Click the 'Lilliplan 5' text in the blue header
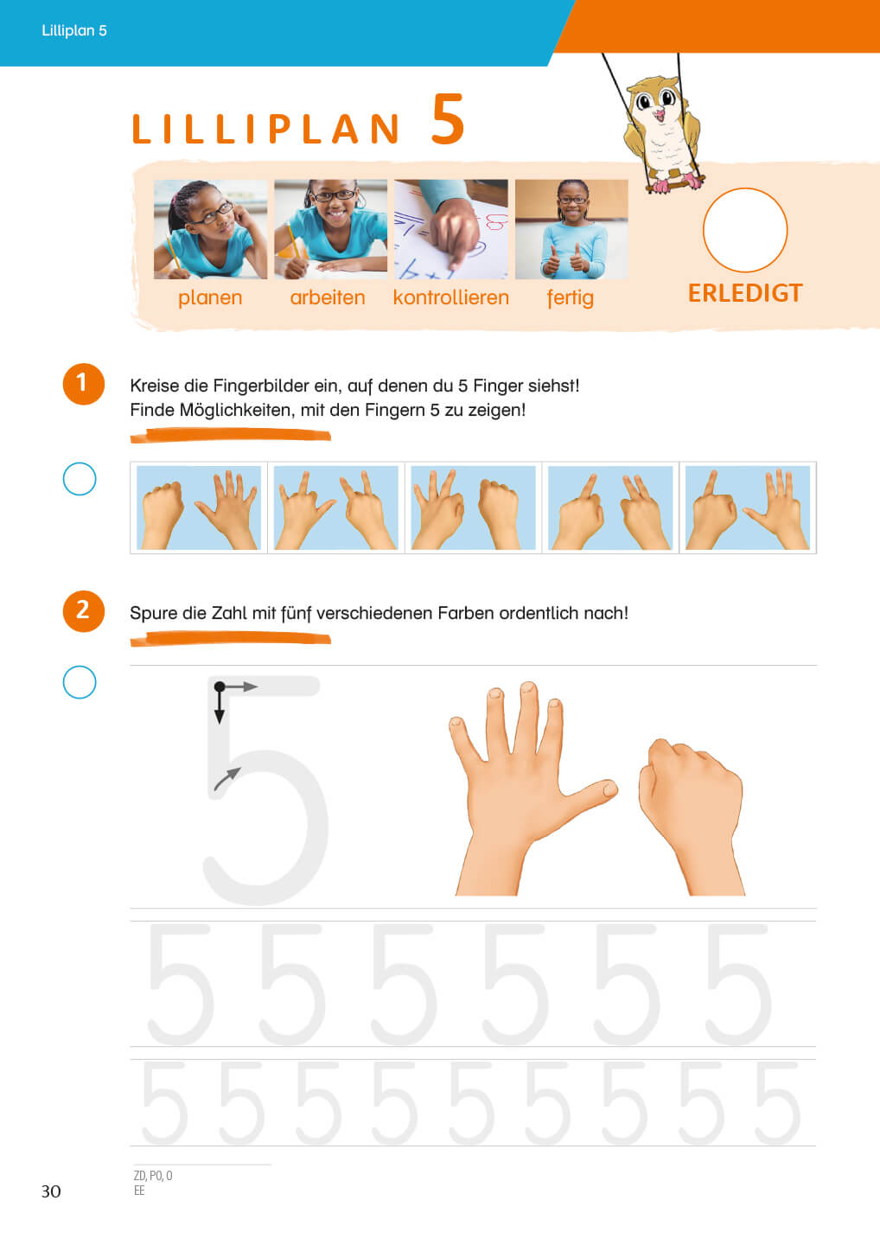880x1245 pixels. click(x=73, y=30)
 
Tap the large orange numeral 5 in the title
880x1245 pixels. click(x=447, y=119)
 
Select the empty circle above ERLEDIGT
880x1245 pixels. click(x=745, y=230)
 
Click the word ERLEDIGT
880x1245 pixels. click(x=745, y=293)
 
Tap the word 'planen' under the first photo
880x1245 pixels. click(x=210, y=298)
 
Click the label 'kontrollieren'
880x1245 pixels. click(x=450, y=297)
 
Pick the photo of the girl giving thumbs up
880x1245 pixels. click(x=571, y=229)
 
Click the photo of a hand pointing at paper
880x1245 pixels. click(x=451, y=229)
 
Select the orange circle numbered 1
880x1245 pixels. click(x=83, y=384)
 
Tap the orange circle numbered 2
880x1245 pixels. click(x=83, y=610)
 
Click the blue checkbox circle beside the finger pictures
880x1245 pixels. click(x=80, y=479)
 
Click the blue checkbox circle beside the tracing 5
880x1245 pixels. click(x=80, y=682)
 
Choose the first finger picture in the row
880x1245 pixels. click(x=199, y=508)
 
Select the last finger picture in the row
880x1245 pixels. click(x=747, y=508)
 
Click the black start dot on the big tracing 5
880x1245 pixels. click(x=220, y=687)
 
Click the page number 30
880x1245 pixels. click(x=51, y=1191)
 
